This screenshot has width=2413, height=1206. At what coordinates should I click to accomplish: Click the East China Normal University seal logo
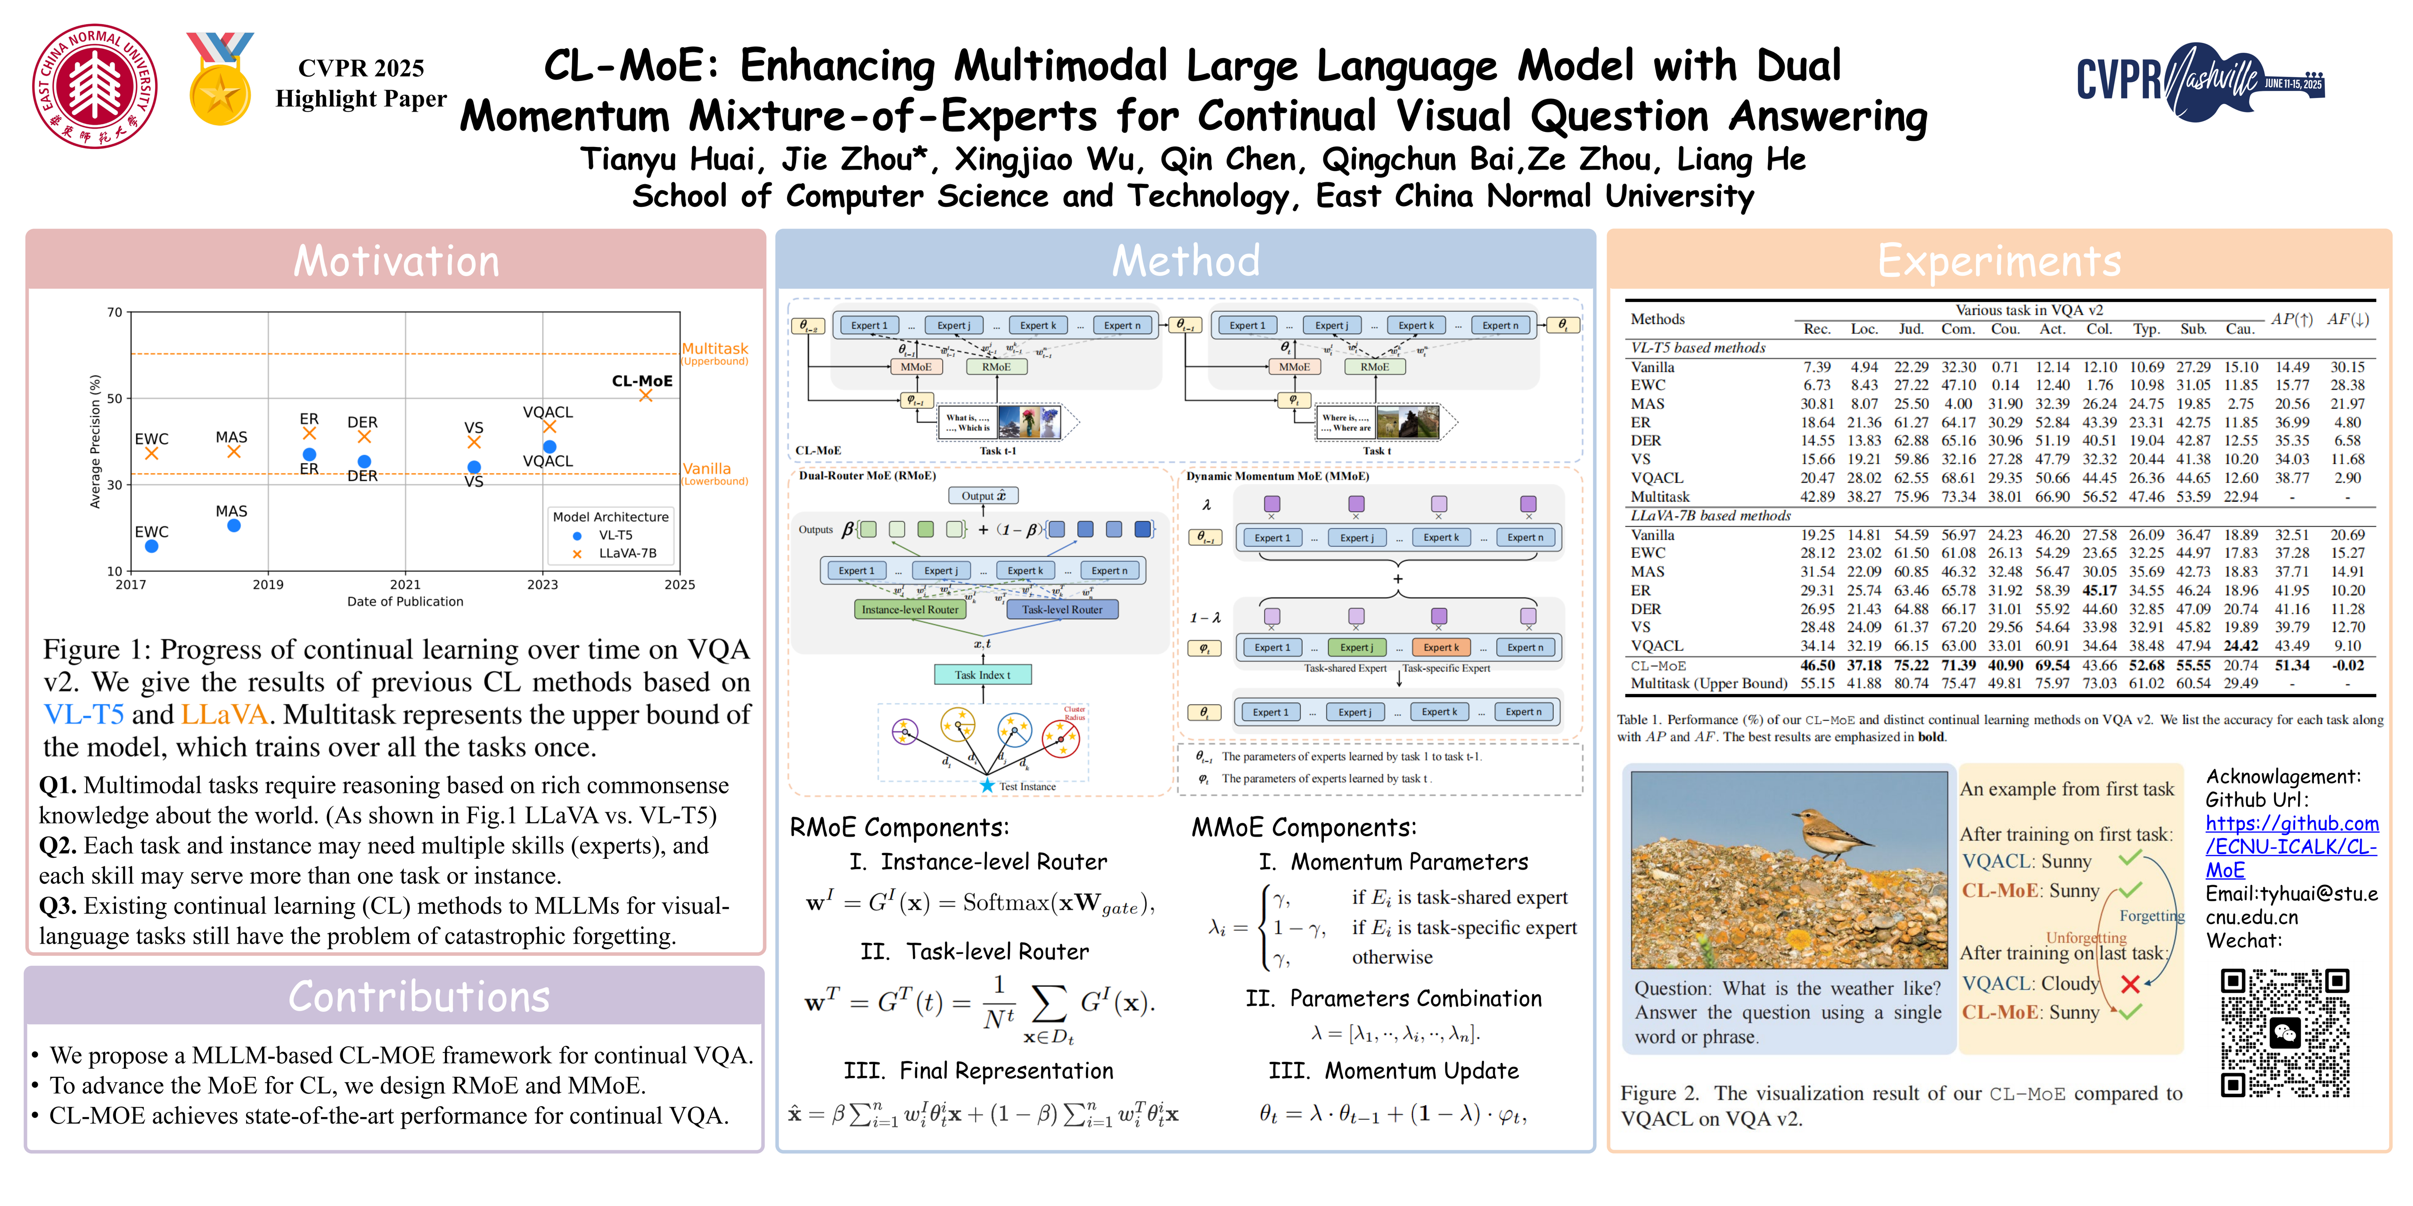coord(95,86)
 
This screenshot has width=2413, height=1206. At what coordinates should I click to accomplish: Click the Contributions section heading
coord(419,996)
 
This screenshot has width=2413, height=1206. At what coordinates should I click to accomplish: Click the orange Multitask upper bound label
coord(715,349)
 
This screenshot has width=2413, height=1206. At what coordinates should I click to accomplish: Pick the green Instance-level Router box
coord(910,610)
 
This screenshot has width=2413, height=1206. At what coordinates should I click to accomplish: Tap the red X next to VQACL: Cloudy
coord(2130,983)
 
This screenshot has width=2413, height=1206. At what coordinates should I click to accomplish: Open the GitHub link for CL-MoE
coord(2291,847)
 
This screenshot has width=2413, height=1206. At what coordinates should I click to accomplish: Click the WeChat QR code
coord(2285,1033)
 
